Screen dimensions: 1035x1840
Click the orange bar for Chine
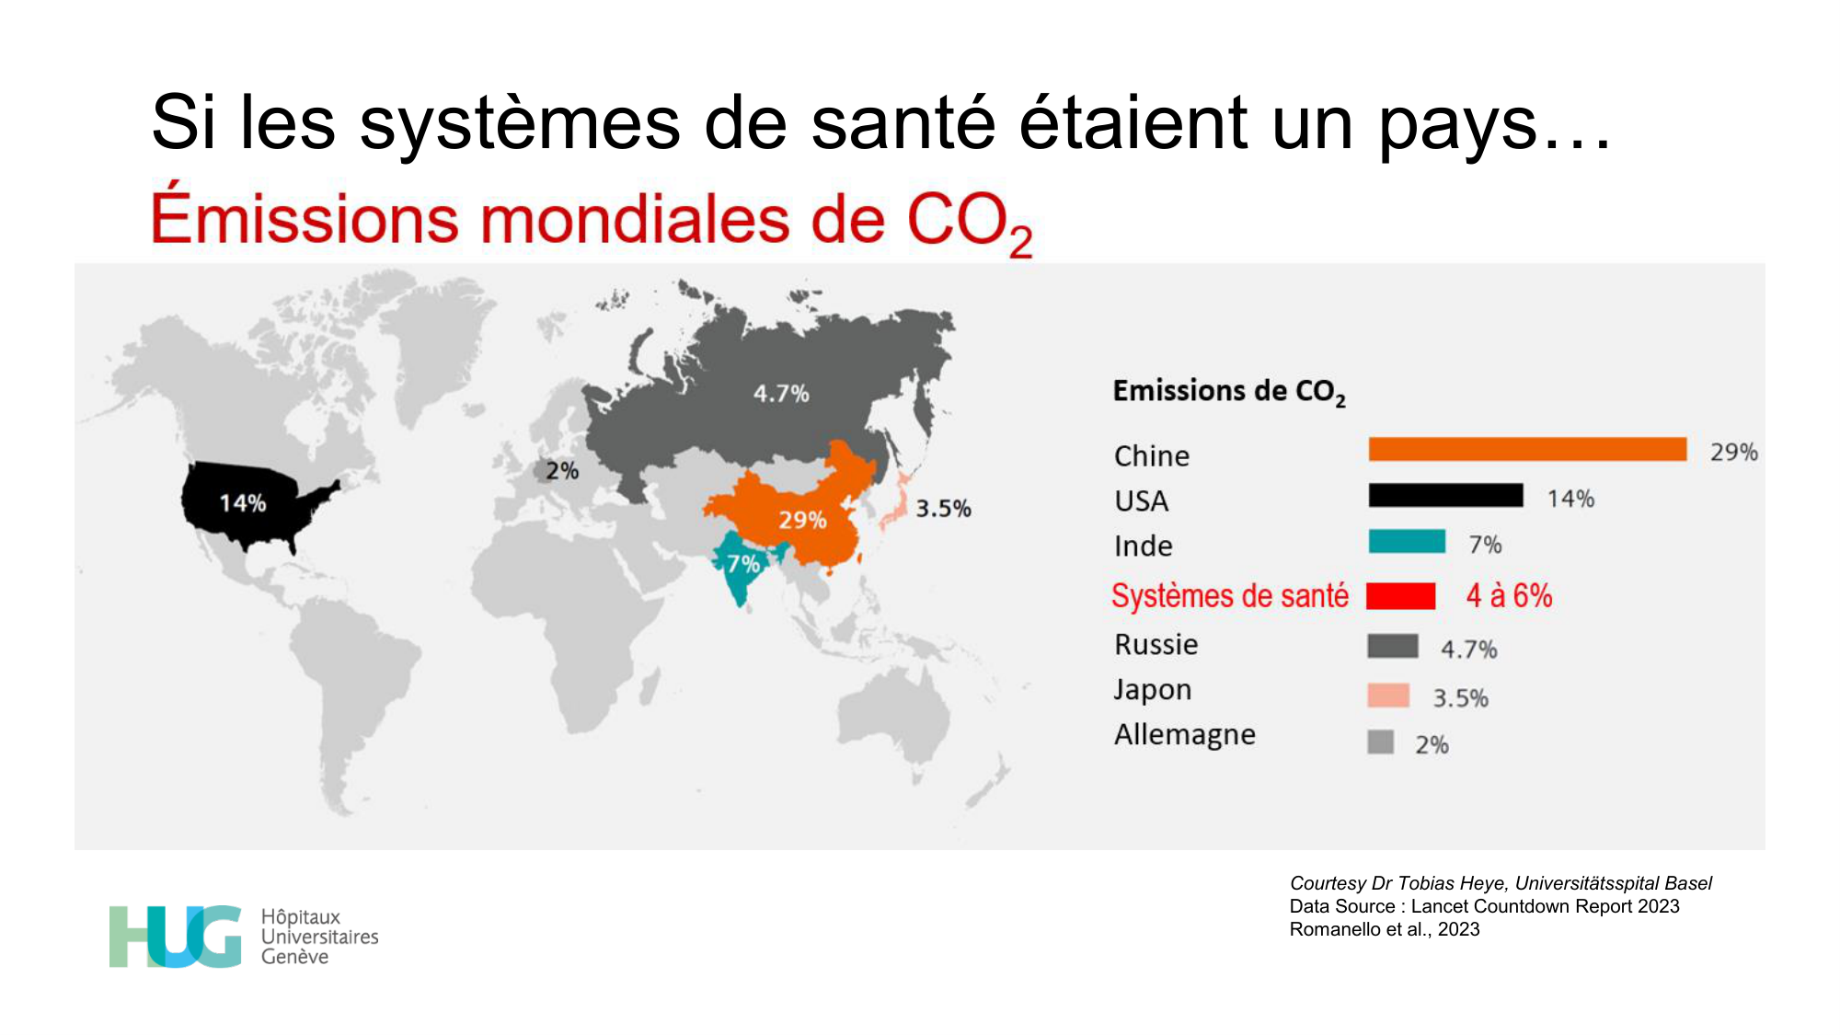point(1527,449)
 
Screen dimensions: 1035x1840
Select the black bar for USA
point(1445,496)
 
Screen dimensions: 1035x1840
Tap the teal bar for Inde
point(1407,542)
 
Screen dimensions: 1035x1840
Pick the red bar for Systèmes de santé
point(1400,596)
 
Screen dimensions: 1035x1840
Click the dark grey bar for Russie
point(1392,646)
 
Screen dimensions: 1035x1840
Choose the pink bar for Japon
point(1388,696)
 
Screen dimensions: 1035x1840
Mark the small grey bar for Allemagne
point(1380,742)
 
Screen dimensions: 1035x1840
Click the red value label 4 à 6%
point(1509,596)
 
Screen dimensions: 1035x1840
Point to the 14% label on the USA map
point(243,503)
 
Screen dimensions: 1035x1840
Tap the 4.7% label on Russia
point(781,394)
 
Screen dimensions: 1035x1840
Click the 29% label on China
point(802,521)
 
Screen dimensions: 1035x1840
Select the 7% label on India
point(743,564)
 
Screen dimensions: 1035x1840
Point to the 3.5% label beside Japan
point(943,509)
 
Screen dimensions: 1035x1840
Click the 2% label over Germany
point(562,471)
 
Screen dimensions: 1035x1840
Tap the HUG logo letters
point(175,937)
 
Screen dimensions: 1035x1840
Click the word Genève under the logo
point(294,957)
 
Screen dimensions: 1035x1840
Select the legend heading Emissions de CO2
point(1229,392)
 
